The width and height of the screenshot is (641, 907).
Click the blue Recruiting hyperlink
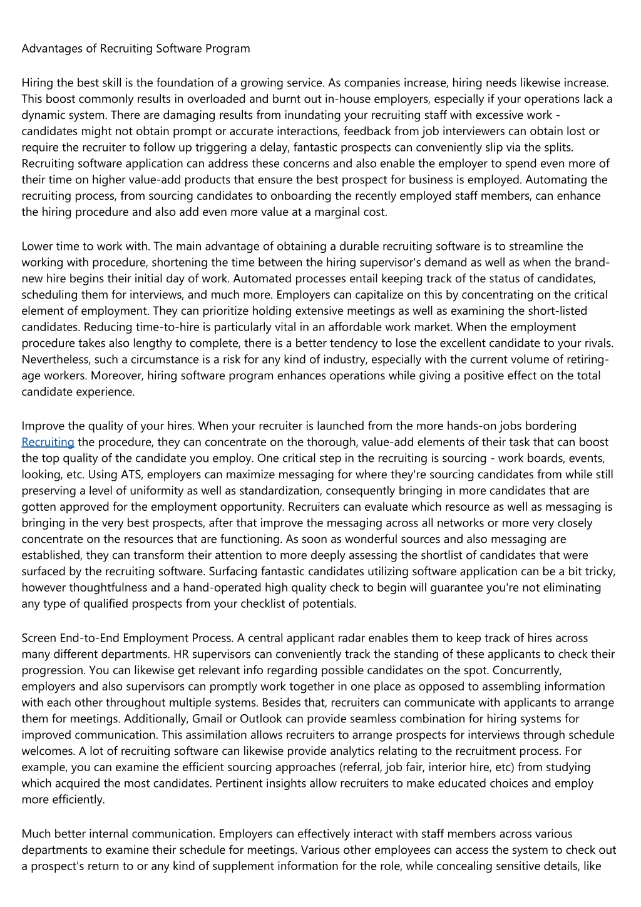coord(48,442)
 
